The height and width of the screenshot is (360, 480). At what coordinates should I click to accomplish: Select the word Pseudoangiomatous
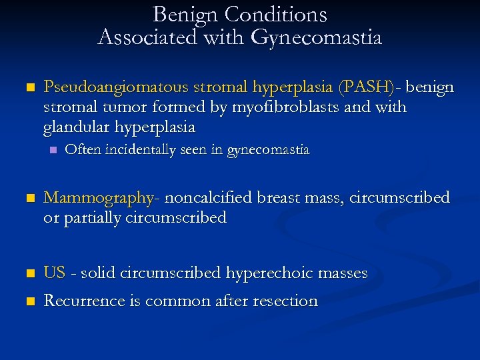tap(116, 87)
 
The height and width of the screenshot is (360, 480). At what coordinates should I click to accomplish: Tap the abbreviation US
tap(54, 273)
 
